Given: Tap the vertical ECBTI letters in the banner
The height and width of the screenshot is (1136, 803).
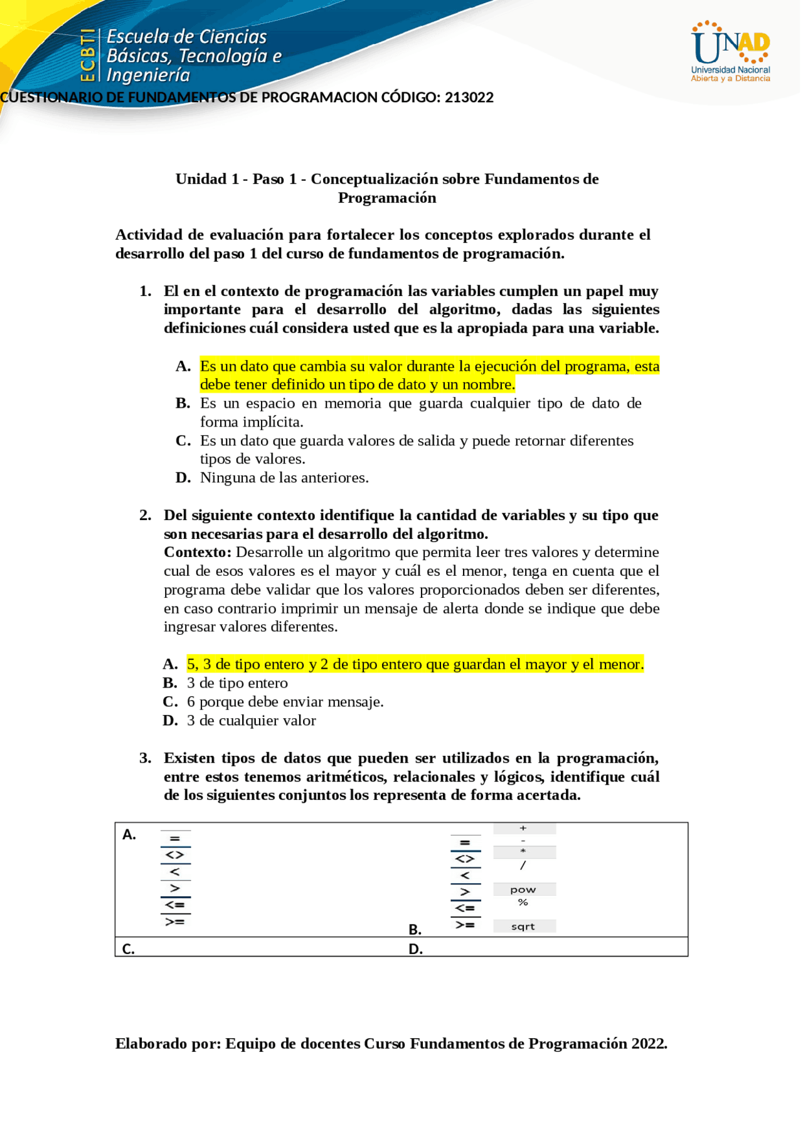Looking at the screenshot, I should click(x=88, y=55).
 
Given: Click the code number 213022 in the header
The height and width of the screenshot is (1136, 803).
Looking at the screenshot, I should click(x=469, y=98).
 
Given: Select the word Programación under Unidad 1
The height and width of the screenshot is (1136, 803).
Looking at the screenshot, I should click(x=387, y=198).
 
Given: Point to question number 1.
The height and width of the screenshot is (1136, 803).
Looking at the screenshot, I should click(x=146, y=291).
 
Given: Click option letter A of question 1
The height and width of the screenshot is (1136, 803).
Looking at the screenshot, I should click(x=183, y=366).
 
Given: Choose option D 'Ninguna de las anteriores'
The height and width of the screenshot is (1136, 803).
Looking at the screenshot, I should click(x=284, y=478).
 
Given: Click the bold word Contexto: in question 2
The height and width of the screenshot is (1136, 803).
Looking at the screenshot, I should click(x=198, y=553).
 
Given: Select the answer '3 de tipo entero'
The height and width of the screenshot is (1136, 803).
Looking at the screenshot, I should click(x=237, y=683).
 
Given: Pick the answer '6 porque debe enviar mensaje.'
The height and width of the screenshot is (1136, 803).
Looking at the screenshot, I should click(x=285, y=702).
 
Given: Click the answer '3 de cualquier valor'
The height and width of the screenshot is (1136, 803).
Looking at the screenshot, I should click(x=251, y=721).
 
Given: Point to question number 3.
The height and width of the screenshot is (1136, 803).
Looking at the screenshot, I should click(x=146, y=758).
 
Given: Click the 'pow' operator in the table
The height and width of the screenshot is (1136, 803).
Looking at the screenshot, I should click(x=523, y=890).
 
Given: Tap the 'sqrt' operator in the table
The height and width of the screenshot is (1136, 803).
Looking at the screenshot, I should click(x=523, y=927).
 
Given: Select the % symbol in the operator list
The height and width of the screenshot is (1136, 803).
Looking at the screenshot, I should click(x=523, y=903).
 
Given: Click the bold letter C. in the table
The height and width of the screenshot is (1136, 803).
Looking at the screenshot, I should click(x=129, y=949).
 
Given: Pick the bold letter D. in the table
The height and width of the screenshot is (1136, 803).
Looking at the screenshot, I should click(x=415, y=950).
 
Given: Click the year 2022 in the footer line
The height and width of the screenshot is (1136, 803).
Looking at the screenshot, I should click(x=649, y=1044).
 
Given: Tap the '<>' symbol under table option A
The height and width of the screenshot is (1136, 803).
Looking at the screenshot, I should click(x=174, y=855).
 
